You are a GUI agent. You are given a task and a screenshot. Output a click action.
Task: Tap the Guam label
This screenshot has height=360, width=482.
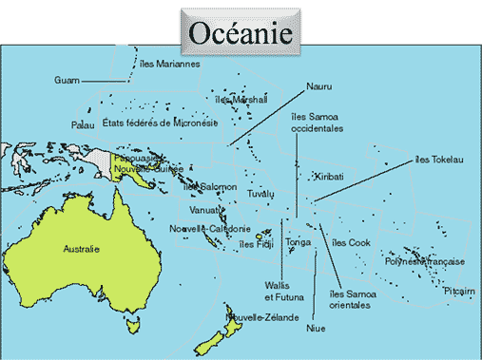(67, 80)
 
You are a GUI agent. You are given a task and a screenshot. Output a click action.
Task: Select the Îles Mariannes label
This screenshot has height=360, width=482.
(169, 64)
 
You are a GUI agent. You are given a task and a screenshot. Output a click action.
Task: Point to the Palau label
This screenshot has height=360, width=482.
(83, 124)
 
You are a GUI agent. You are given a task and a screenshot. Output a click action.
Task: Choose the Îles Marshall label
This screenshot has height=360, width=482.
(241, 99)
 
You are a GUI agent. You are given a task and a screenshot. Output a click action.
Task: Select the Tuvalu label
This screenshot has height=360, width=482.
(260, 194)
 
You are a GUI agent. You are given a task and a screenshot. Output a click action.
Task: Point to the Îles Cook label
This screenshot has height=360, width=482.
(351, 242)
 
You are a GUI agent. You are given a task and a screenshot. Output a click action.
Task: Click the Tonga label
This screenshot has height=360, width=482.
(299, 242)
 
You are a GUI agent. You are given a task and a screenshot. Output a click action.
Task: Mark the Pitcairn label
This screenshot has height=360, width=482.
(459, 292)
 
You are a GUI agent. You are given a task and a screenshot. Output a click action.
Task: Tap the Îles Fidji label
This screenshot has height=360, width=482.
(257, 244)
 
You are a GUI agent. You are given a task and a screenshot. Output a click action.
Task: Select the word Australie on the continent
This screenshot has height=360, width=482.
(81, 250)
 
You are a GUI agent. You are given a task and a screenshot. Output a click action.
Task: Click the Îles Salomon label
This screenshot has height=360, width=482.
(212, 187)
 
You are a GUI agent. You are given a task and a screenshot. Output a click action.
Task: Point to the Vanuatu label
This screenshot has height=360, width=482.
(205, 209)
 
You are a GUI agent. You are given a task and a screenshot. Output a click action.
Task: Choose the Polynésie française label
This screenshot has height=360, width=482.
(424, 261)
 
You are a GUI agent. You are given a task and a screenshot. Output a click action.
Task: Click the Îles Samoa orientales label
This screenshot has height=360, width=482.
(349, 299)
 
